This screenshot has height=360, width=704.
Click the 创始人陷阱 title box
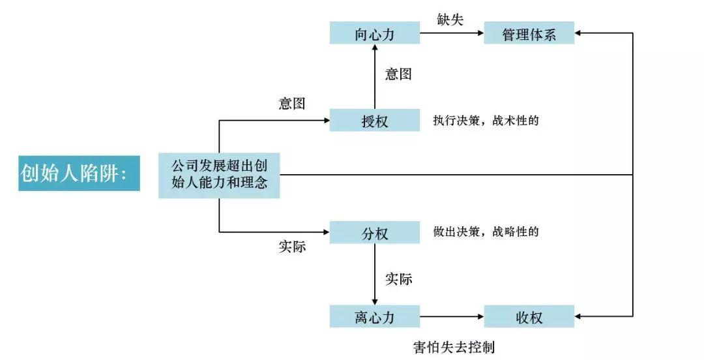79,173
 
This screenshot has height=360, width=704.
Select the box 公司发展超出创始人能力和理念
219,175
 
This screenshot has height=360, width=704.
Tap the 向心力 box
374,33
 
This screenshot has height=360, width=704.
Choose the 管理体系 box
529,33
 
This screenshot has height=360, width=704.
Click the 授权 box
374,121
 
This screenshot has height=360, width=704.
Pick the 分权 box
374,233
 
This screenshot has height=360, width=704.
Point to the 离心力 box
374,317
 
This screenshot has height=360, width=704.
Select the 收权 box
529,317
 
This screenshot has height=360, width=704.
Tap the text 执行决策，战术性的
486,121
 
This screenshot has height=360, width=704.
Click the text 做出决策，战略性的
486,232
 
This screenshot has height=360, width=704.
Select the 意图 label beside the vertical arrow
398,74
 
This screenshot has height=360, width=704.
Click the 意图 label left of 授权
291,103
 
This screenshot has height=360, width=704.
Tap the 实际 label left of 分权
291,248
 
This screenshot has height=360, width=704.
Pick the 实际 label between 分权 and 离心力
398,279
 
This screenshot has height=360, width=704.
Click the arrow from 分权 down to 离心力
375,274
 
